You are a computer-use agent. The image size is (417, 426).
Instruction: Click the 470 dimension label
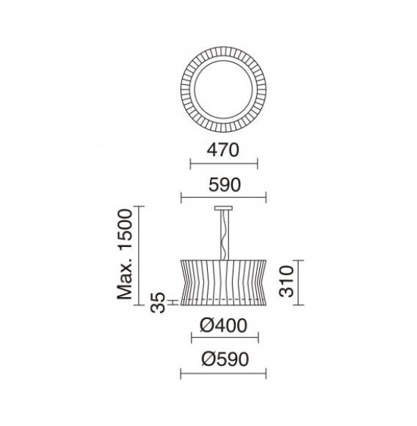point(222,150)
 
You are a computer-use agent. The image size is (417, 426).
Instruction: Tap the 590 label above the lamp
point(225,185)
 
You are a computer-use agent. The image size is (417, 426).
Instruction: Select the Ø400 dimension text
point(223,326)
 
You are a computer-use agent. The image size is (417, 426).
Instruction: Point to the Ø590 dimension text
point(225,359)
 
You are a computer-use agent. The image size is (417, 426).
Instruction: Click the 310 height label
point(287,282)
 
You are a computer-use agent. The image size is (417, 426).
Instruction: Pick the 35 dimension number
point(158,302)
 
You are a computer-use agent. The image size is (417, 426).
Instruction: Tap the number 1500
point(125,229)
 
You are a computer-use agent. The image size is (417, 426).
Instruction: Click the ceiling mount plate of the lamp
point(223,208)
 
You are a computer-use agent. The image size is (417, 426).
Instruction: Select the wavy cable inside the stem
point(224,235)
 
